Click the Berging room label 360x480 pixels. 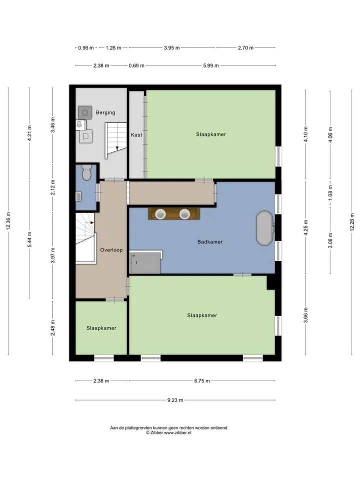coord(105,112)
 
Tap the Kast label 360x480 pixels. coord(136,134)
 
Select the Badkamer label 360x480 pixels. coord(210,242)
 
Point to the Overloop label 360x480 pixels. coord(111,250)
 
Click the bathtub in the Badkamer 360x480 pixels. coord(264,228)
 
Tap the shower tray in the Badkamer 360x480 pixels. coord(145,262)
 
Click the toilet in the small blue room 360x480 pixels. coord(86,172)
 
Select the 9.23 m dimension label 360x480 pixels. coord(175,400)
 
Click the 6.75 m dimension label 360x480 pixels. coord(202,381)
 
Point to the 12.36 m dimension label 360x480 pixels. coord(8,221)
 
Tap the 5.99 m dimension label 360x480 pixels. coord(211,65)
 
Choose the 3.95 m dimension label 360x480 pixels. coord(171,48)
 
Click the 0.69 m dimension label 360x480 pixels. coord(136,65)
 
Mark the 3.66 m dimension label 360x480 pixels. coord(305,315)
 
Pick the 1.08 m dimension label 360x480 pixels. coord(330,193)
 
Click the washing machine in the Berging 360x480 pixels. coord(85,112)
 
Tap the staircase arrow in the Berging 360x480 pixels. coord(117,148)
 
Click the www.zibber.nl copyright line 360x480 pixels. coord(168,433)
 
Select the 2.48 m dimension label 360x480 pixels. coord(52,328)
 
